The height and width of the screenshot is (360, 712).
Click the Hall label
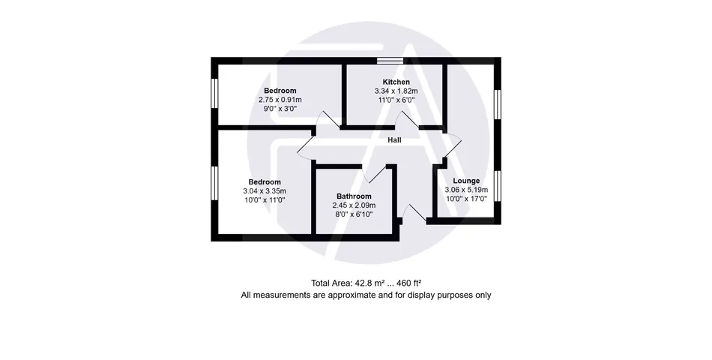pyautogui.click(x=394, y=140)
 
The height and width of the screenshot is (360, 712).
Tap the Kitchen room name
pyautogui.click(x=396, y=82)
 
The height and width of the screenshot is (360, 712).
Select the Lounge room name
pyautogui.click(x=466, y=181)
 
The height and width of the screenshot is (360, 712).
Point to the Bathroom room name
pyautogui.click(x=354, y=196)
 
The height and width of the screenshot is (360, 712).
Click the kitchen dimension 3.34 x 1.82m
pyautogui.click(x=396, y=91)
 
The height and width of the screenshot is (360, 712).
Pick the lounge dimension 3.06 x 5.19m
pyautogui.click(x=466, y=190)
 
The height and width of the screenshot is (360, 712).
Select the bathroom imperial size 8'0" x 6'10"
pyautogui.click(x=354, y=214)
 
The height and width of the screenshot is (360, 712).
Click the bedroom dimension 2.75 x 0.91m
pyautogui.click(x=280, y=100)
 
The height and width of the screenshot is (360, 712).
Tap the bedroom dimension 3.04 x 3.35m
pyautogui.click(x=265, y=191)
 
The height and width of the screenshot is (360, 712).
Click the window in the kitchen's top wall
pyautogui.click(x=390, y=61)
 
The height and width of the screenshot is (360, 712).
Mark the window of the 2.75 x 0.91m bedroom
pyautogui.click(x=215, y=93)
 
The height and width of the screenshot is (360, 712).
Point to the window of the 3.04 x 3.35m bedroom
pyautogui.click(x=215, y=183)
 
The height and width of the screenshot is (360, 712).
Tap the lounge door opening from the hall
pyautogui.click(x=453, y=145)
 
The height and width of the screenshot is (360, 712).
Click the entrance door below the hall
pyautogui.click(x=413, y=213)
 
